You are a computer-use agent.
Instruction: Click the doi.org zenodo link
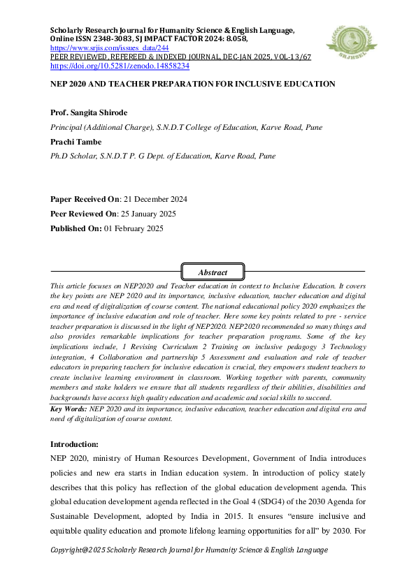[x=120, y=66]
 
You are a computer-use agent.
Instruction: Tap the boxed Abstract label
[x=213, y=272]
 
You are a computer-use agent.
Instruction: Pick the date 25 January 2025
[x=148, y=214]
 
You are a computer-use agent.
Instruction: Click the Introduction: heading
[x=75, y=444]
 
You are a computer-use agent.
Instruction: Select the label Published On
[x=75, y=228]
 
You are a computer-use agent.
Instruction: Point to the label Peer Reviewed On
[x=81, y=214]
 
